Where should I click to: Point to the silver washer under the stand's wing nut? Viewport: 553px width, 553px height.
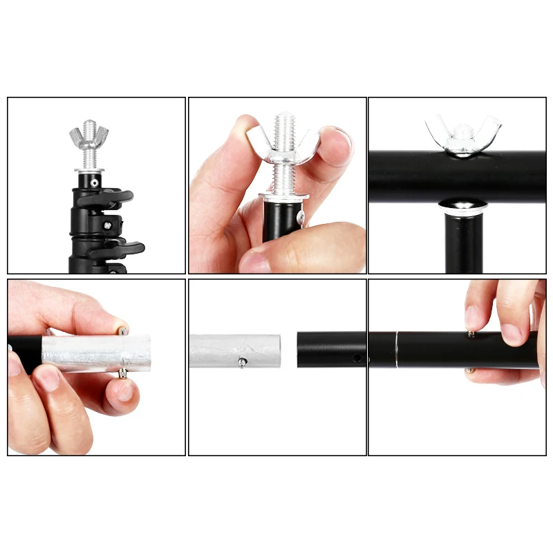click(89, 169)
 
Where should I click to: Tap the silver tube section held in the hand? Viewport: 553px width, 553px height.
click(97, 352)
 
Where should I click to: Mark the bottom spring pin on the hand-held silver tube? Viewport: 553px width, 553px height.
click(122, 373)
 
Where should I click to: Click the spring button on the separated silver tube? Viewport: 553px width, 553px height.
click(242, 362)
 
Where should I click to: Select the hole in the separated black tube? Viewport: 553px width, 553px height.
click(356, 359)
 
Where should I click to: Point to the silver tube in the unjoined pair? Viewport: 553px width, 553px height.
click(235, 350)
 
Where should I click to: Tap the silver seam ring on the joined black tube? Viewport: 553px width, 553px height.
click(397, 350)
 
